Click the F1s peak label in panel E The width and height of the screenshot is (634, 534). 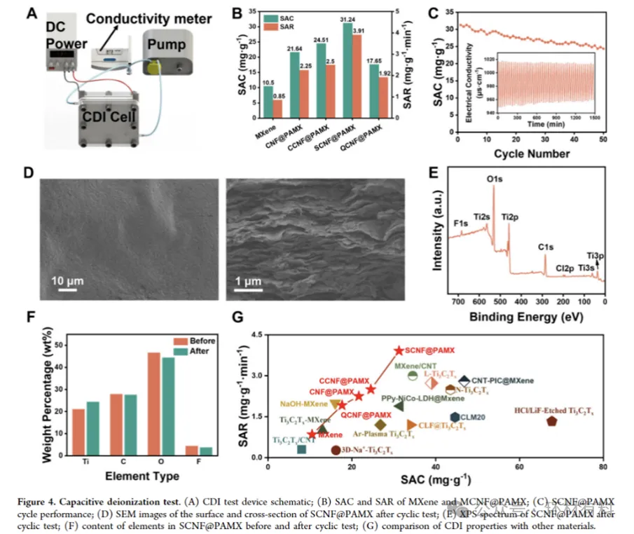pos(460,223)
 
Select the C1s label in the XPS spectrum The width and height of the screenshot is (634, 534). pos(545,246)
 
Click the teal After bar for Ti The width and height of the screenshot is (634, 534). pos(92,427)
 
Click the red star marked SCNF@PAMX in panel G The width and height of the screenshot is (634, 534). pos(399,350)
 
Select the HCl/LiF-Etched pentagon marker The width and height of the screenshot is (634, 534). pos(552,421)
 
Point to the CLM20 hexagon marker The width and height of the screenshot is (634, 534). pos(455,417)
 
